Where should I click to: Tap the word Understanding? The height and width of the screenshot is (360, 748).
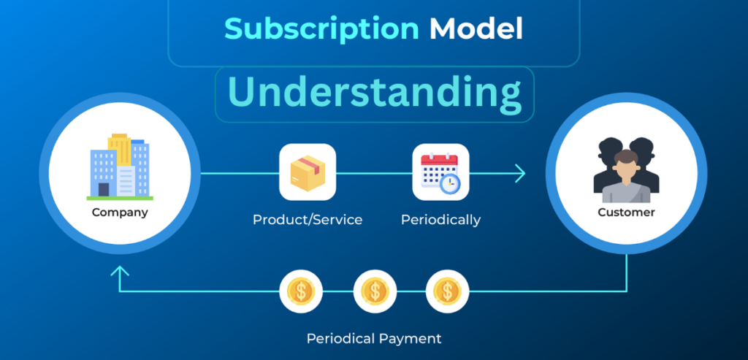coord(374,93)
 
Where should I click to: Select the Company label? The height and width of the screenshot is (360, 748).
coord(120,213)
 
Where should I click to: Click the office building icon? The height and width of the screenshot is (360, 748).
coord(120,166)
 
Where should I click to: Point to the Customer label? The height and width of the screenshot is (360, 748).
coord(626,212)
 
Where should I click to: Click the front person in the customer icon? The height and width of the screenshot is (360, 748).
coord(626,177)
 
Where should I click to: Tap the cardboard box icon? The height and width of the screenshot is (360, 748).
coord(308,172)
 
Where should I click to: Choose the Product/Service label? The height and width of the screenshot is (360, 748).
coord(308,219)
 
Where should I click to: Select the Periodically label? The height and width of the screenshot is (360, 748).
coord(440,219)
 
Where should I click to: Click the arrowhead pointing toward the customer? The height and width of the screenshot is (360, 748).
coord(519,173)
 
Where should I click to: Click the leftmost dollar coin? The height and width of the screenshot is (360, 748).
coord(301,291)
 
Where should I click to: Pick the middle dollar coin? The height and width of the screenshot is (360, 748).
coord(375,291)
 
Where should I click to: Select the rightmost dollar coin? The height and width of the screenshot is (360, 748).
coord(447,291)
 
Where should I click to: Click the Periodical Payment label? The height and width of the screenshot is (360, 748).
coord(374,339)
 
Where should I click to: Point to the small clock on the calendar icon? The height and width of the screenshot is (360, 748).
coord(451,183)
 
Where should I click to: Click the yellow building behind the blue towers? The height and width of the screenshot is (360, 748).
coord(120,147)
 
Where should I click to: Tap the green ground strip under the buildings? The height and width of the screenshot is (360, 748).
coord(120,197)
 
